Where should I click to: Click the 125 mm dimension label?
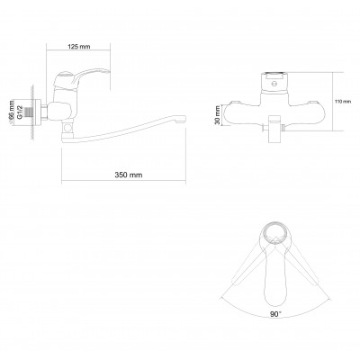click(x=79, y=47)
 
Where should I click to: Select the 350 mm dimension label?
click(x=129, y=175)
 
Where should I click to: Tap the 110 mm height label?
click(x=343, y=102)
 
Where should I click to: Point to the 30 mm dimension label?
click(x=218, y=115)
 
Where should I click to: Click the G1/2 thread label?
click(x=20, y=112)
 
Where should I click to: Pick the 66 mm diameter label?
click(x=12, y=112)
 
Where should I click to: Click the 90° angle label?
click(x=275, y=314)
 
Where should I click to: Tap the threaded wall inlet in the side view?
click(x=29, y=112)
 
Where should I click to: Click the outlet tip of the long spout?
click(x=182, y=120)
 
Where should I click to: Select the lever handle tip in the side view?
click(x=107, y=72)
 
